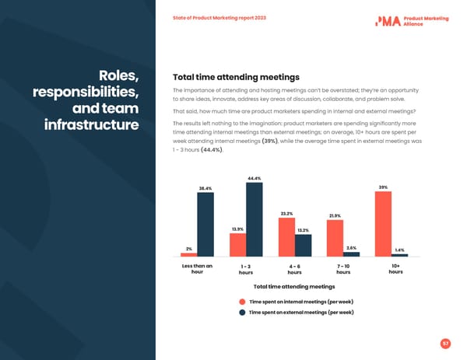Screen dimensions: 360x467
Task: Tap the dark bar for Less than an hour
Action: click(x=205, y=225)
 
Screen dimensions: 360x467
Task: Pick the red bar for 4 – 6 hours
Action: click(x=286, y=237)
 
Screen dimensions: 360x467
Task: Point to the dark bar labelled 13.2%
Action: click(x=303, y=246)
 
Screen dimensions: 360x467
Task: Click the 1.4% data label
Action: click(x=399, y=250)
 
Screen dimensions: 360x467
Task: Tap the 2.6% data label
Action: click(x=351, y=247)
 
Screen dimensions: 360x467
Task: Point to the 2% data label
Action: click(x=189, y=249)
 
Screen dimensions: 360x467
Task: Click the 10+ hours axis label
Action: click(x=395, y=269)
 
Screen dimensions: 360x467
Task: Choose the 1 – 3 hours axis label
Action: click(x=246, y=269)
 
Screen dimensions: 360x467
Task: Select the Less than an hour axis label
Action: click(x=197, y=269)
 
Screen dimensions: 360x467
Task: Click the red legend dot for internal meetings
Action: click(x=243, y=301)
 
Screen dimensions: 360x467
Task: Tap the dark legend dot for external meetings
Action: click(x=243, y=313)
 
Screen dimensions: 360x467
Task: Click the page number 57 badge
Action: click(x=445, y=343)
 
